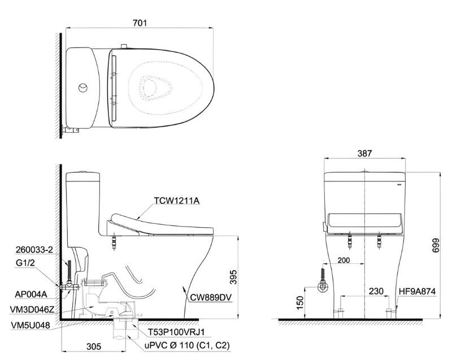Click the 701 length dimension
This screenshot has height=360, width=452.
[140, 23]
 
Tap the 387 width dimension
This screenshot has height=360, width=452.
[364, 153]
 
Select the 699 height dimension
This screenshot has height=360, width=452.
[436, 245]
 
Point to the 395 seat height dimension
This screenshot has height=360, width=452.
[233, 277]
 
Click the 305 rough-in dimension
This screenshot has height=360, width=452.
[94, 346]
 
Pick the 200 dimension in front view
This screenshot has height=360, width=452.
[344, 260]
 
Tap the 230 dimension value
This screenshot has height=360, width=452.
[376, 291]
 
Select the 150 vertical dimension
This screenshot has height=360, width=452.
[300, 303]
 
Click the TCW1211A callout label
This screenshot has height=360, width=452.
[176, 201]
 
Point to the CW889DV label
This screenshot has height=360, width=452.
[210, 298]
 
